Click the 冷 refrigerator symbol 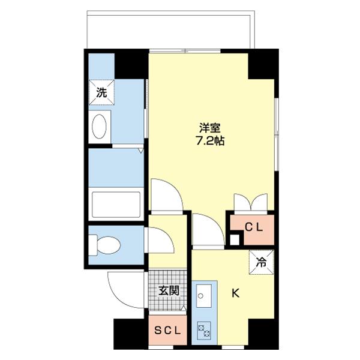262,261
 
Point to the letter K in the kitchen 236,293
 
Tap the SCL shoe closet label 167,331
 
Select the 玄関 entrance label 169,291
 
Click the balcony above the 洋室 171,30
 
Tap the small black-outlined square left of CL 235,239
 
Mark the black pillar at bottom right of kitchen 263,334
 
